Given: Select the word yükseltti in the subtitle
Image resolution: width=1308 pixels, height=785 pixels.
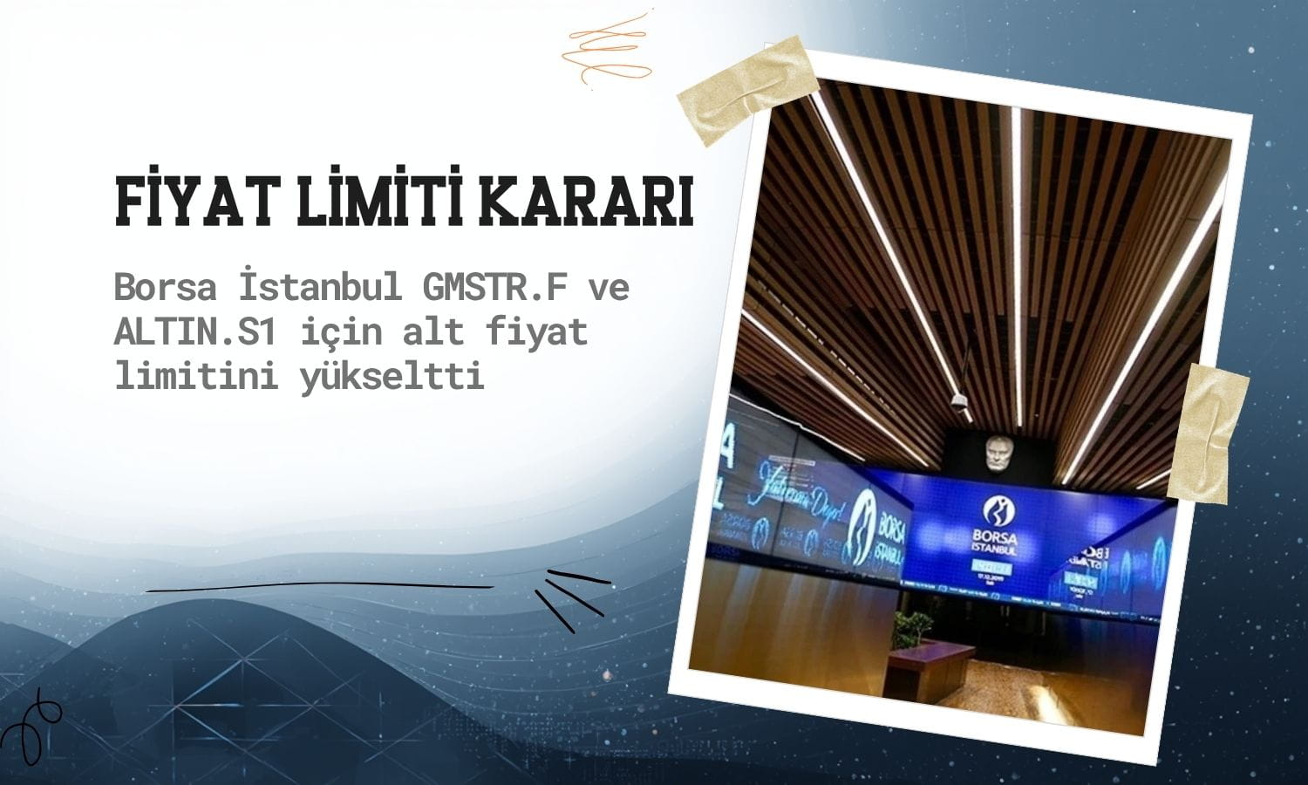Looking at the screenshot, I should coord(392,378).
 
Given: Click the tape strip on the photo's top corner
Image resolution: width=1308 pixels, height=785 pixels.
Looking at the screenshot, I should coord(747,90).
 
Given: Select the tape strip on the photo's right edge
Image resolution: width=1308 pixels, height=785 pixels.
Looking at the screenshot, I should coord(1209,433).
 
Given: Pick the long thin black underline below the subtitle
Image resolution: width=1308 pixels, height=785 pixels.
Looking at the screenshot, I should coord(318,587).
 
